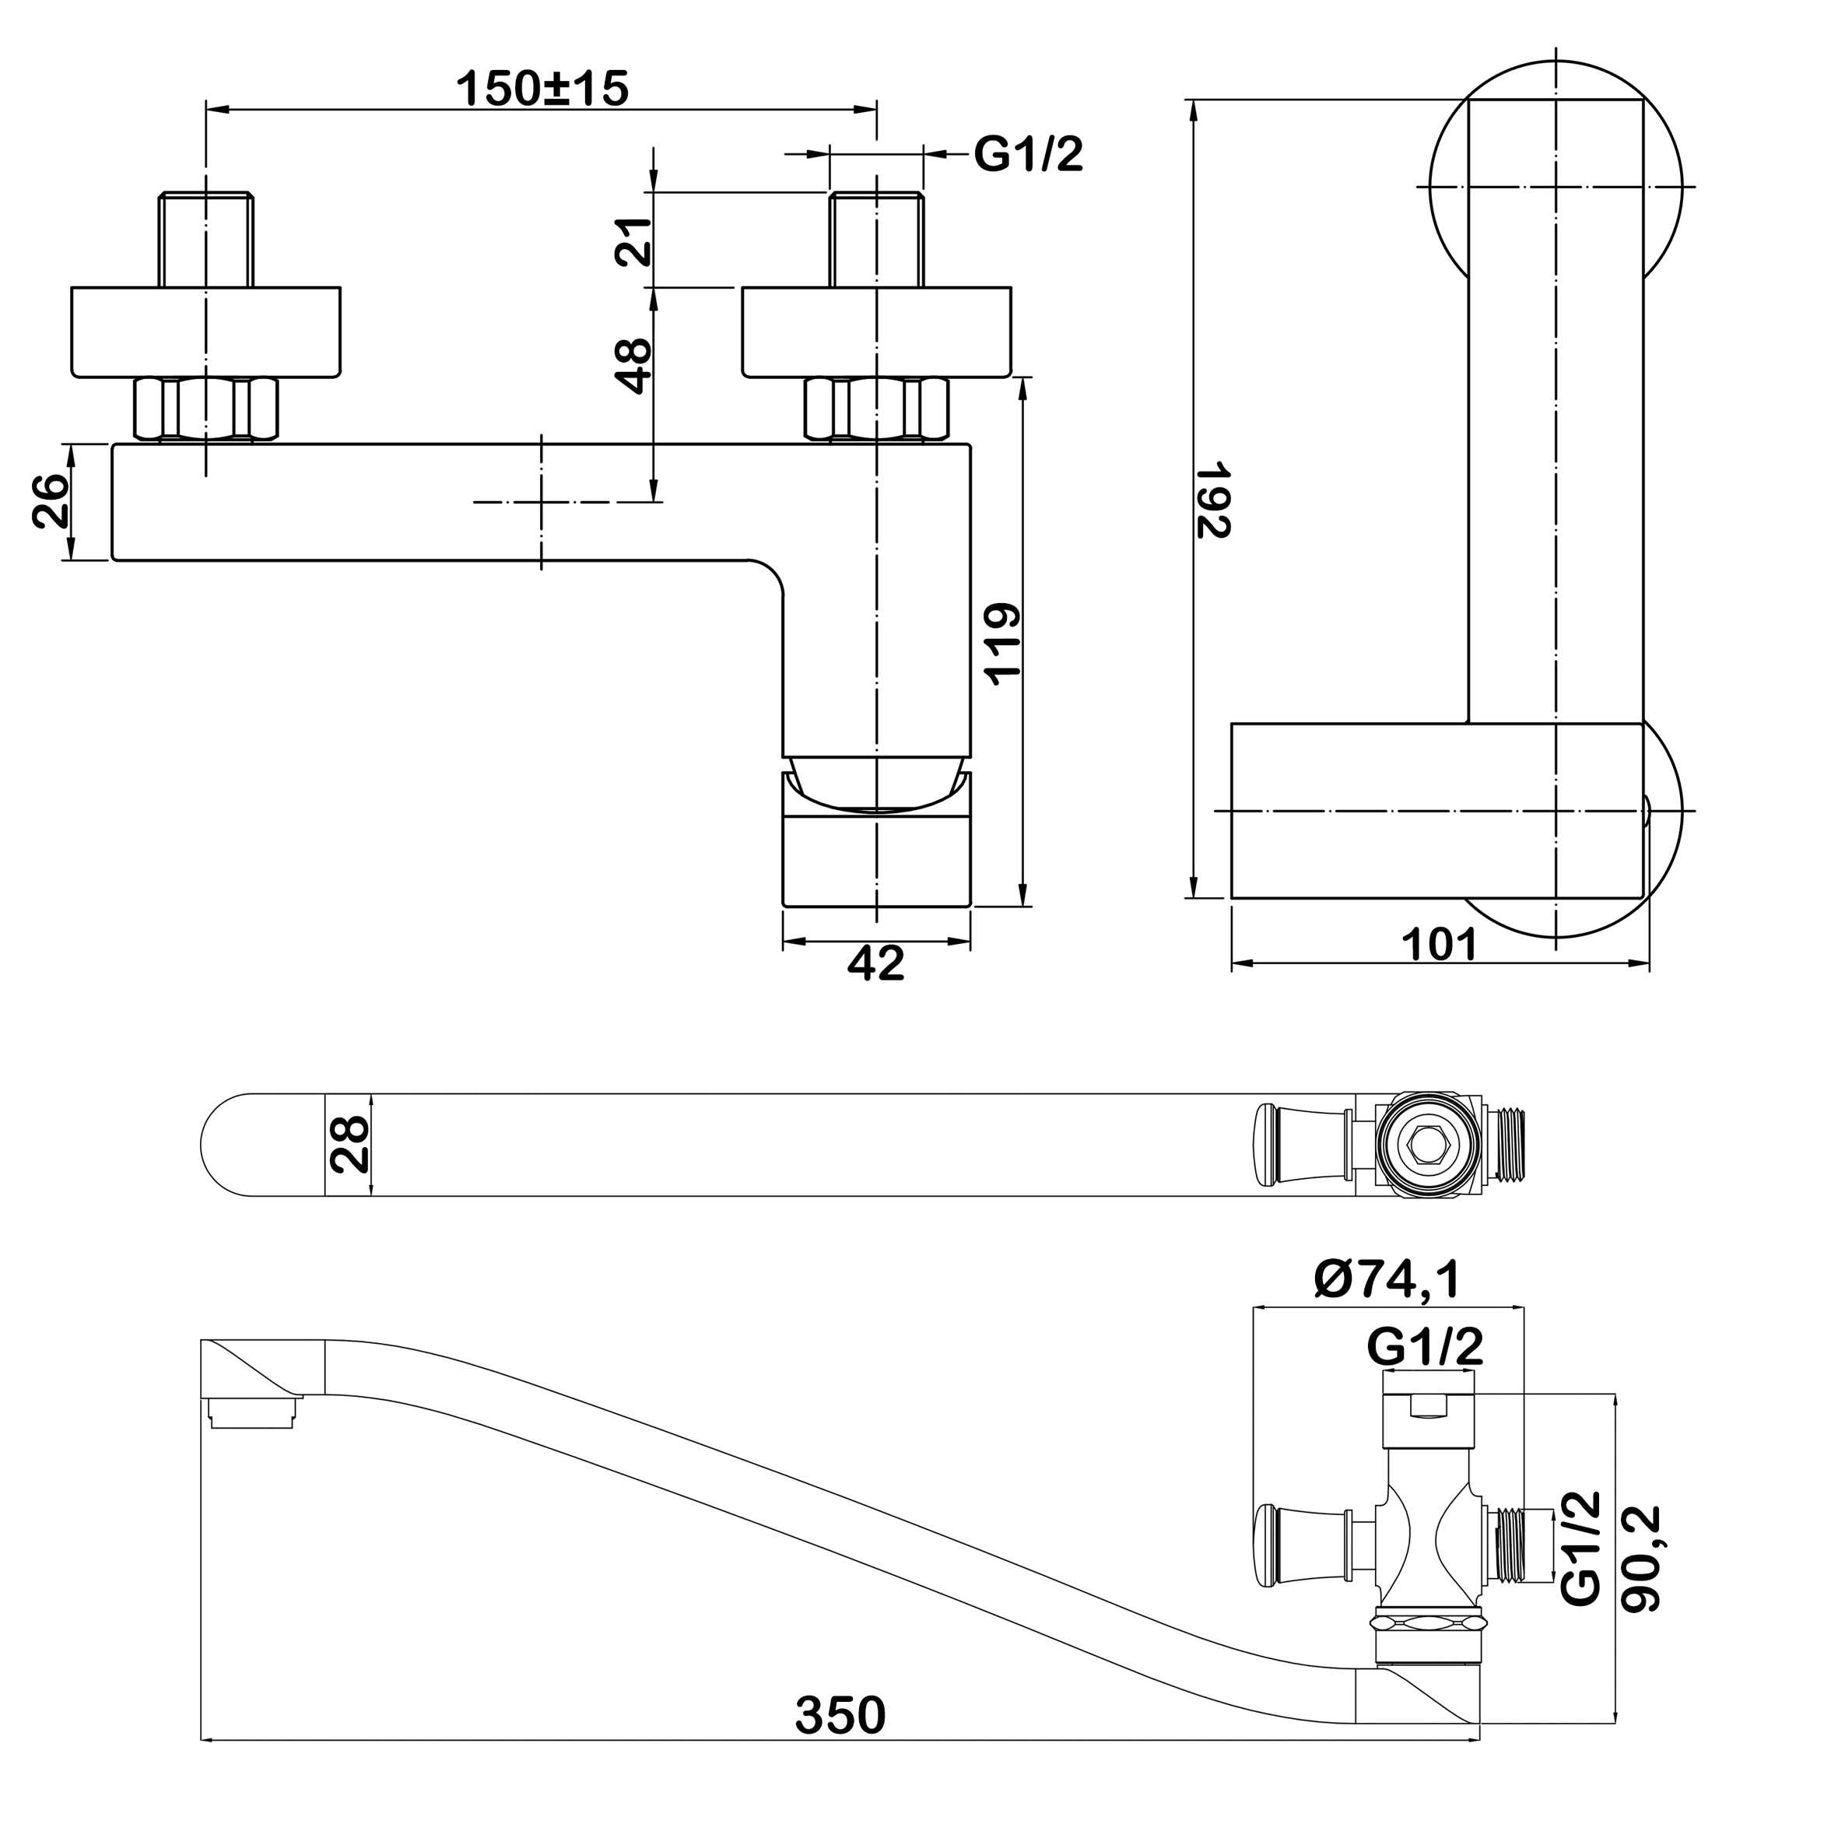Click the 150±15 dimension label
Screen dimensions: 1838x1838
click(x=542, y=89)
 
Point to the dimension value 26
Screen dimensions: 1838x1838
click(x=51, y=500)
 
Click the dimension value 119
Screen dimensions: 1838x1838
click(x=1001, y=643)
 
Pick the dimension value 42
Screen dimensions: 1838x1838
click(x=875, y=963)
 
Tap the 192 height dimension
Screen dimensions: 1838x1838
click(x=1213, y=500)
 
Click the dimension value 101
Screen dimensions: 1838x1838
click(x=1440, y=945)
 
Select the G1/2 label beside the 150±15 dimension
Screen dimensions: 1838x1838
click(x=1029, y=153)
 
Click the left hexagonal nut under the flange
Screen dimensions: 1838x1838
click(x=206, y=409)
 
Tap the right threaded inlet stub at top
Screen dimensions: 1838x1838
click(x=876, y=239)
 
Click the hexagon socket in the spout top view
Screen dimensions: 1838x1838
click(x=1428, y=1145)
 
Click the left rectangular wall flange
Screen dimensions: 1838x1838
click(x=206, y=332)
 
